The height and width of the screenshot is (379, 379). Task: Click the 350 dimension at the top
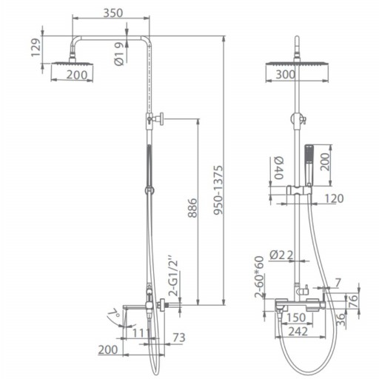[113, 13]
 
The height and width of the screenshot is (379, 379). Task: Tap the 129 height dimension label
[36, 47]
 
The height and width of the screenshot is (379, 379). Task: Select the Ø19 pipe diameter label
[119, 54]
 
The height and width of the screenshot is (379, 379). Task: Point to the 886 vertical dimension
[192, 208]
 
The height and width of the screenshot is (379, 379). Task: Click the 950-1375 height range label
[218, 190]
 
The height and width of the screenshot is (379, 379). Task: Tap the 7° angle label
[113, 313]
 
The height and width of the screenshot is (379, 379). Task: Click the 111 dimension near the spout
[141, 333]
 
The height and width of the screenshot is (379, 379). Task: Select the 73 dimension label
[178, 338]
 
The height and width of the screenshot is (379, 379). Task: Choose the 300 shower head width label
[285, 74]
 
